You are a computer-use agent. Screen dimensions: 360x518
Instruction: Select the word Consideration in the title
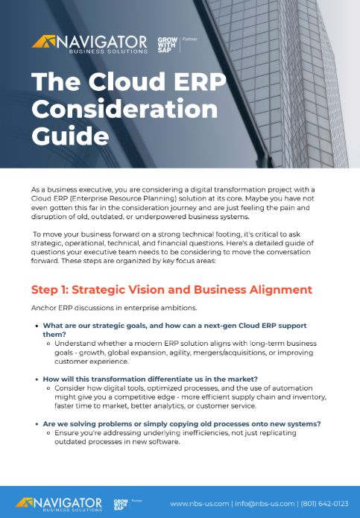click(x=124, y=110)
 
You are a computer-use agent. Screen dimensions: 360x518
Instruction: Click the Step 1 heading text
click(x=161, y=288)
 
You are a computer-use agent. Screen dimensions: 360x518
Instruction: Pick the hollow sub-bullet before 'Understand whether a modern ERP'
click(x=49, y=344)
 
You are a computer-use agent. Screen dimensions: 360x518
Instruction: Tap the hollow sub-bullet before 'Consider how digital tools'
click(x=49, y=388)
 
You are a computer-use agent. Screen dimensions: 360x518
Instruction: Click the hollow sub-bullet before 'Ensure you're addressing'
click(x=49, y=433)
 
